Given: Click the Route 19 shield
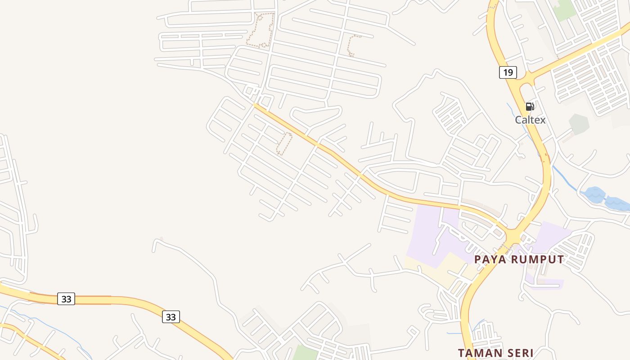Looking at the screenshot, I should tap(508, 72).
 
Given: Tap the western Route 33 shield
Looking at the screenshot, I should tap(66, 299).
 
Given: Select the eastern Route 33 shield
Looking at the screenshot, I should tap(171, 317).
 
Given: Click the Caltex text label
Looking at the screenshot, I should tap(530, 120).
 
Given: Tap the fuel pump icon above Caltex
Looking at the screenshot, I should tap(530, 107).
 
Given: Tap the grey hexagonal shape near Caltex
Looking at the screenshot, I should tap(579, 124).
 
